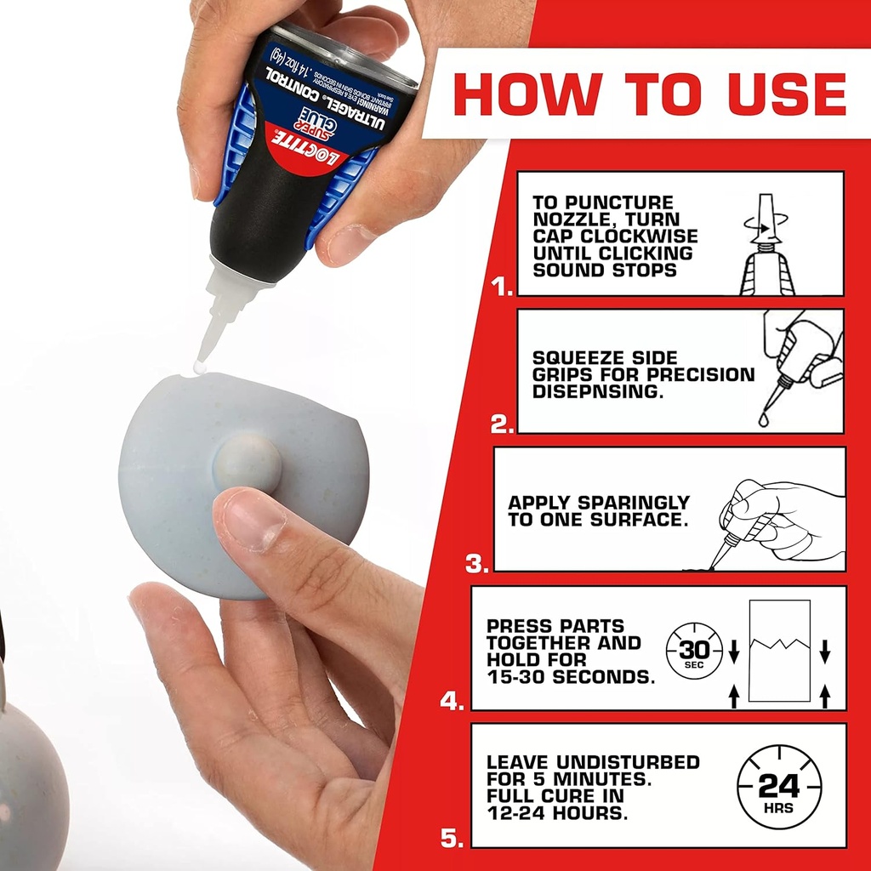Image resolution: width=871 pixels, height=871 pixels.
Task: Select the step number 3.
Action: click(476, 563)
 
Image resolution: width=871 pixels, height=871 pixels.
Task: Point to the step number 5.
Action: click(451, 839)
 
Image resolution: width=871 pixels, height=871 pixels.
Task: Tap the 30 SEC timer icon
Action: click(693, 653)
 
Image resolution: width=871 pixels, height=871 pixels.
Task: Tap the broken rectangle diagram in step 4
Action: click(779, 651)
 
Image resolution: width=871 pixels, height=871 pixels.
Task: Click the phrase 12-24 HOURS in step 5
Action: click(557, 812)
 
